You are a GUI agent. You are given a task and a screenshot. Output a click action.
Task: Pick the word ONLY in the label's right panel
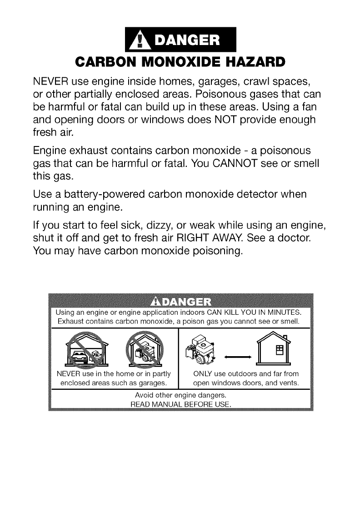click(204, 374)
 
